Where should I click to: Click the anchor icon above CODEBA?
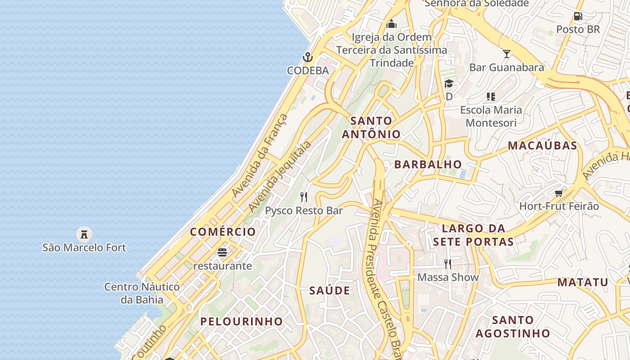pos(308,57)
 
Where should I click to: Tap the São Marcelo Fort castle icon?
pos(84,234)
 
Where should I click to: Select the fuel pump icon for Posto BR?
pos(578,16)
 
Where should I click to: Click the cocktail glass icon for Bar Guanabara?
pos(507,54)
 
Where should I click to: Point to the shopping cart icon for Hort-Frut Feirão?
pos(559,193)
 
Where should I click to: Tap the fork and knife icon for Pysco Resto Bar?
pos(304,197)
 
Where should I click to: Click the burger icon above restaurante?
pos(222,252)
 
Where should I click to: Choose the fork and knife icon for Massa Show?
pos(447,264)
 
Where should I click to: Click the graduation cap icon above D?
pos(449,83)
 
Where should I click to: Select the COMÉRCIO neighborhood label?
pos(223,232)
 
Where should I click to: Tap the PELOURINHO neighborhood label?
pos(242,321)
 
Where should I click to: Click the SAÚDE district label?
pos(330,291)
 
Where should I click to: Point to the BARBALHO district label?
pos(428,164)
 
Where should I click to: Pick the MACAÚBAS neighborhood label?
pos(542,145)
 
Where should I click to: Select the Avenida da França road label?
pos(260,155)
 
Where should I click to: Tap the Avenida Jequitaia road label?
pos(280,176)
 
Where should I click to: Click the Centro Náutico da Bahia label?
pos(142,293)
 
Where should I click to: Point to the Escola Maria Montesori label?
pos(491,116)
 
